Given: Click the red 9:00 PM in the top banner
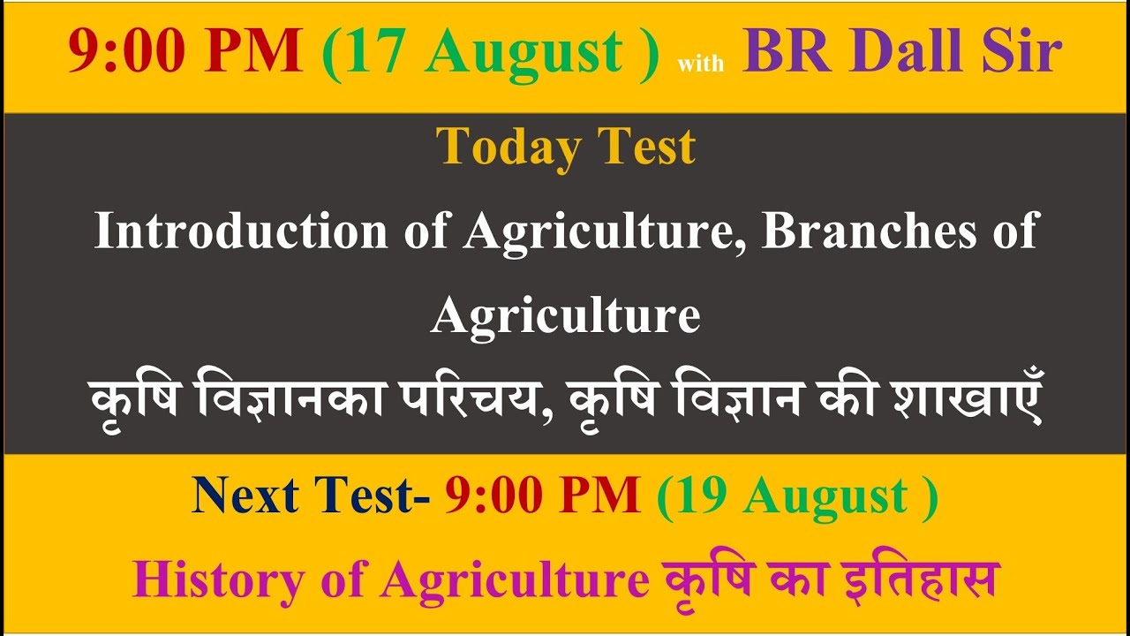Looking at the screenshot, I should pyautogui.click(x=185, y=52).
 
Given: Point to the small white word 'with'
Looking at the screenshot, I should pyautogui.click(x=700, y=64).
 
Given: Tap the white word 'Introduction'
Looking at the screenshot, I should pyautogui.click(x=241, y=231).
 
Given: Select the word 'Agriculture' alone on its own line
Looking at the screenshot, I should pyautogui.click(x=565, y=315).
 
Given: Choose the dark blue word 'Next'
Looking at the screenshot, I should pyautogui.click(x=245, y=496).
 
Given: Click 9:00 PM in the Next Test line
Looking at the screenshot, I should pyautogui.click(x=542, y=496).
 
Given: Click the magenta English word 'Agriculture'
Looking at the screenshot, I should pyautogui.click(x=516, y=581).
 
